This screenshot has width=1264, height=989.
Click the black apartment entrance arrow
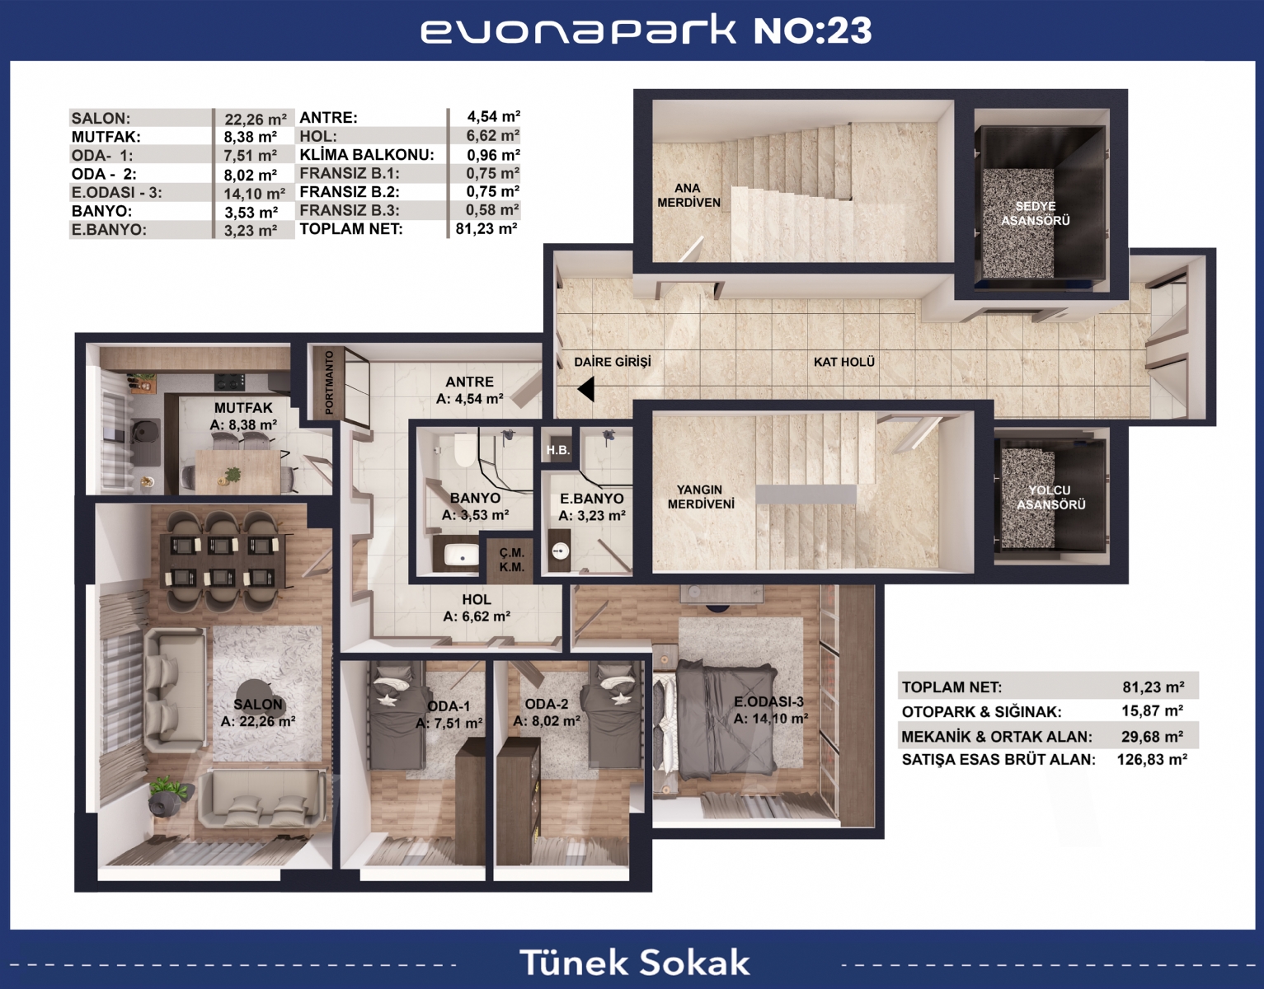[x=586, y=389]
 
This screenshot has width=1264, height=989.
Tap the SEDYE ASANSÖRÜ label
[x=1036, y=213]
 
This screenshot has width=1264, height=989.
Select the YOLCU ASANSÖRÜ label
[x=1050, y=497]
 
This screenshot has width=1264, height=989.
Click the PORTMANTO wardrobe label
[x=329, y=382]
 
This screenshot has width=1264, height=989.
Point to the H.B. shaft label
[x=558, y=450]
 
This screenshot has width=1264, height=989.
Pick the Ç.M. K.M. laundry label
[x=512, y=560]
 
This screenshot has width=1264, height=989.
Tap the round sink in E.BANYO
[x=561, y=550]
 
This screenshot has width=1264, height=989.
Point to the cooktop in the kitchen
[x=230, y=382]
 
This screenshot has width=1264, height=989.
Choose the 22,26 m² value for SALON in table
[x=256, y=120]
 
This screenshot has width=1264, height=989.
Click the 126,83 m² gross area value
[x=1152, y=759]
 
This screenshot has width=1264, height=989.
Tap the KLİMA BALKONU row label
[x=366, y=155]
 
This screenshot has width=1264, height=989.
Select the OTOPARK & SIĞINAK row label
[x=981, y=711]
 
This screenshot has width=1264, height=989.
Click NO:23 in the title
[x=813, y=30]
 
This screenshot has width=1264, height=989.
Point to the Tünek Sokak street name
[x=634, y=963]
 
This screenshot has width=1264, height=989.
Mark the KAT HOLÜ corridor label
[x=844, y=362]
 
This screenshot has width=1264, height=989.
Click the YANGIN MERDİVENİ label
[x=700, y=497]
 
